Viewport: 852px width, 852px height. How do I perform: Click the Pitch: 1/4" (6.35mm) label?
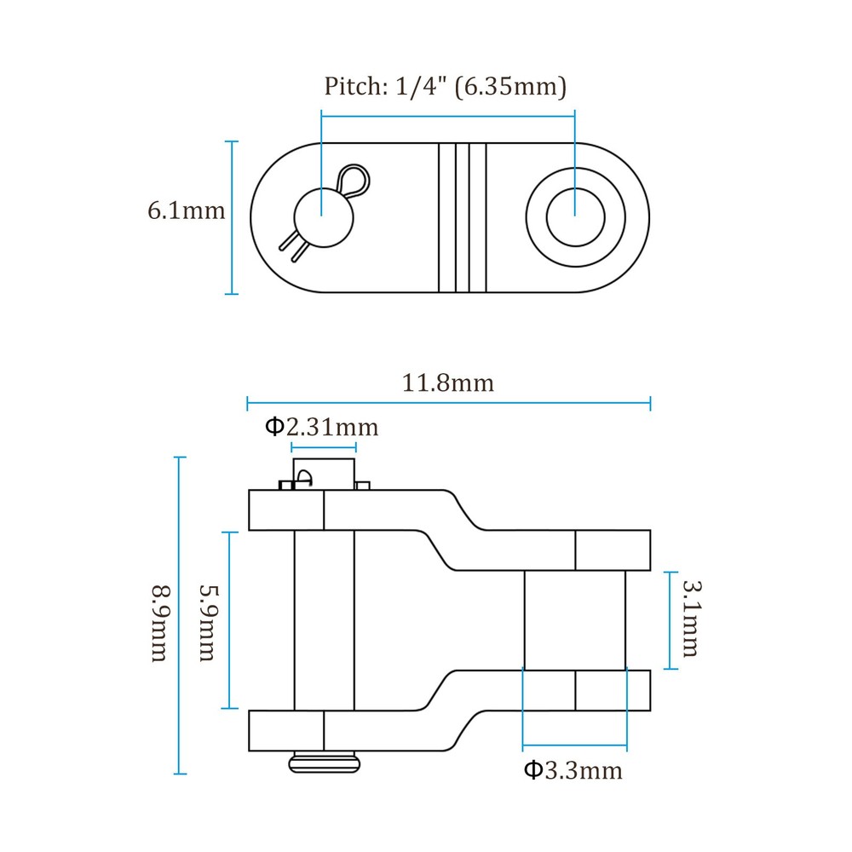(445, 86)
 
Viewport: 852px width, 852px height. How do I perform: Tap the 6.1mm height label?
(186, 210)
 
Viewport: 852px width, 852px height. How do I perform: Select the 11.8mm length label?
(448, 383)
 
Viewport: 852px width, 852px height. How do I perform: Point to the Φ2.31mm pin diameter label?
(322, 427)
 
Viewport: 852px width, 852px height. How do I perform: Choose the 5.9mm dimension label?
(208, 623)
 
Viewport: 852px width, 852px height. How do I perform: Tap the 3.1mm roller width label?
(692, 619)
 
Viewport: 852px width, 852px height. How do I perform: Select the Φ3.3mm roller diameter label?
(573, 770)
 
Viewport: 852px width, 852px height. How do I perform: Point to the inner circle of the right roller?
(575, 217)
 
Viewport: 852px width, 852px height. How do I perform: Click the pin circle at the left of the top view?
(323, 218)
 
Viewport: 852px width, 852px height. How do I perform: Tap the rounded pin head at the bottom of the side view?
(325, 762)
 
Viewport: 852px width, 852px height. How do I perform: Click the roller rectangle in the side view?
(575, 620)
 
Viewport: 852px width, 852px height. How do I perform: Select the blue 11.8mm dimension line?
(448, 403)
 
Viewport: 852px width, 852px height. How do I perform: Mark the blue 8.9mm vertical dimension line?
(180, 616)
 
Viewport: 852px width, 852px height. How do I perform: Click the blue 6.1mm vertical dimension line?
(232, 217)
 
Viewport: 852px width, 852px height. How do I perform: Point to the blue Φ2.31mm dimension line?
(323, 448)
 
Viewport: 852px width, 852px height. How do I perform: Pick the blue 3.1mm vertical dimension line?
(671, 620)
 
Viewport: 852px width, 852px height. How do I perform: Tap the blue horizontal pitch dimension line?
(448, 116)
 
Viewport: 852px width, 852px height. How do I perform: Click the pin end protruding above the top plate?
(324, 474)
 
